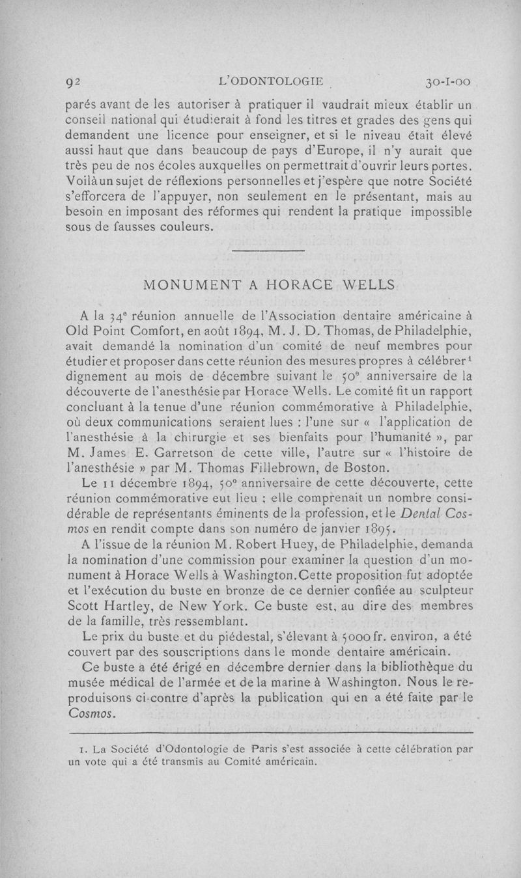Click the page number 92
pyautogui.click(x=72, y=83)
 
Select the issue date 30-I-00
pyautogui.click(x=447, y=83)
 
